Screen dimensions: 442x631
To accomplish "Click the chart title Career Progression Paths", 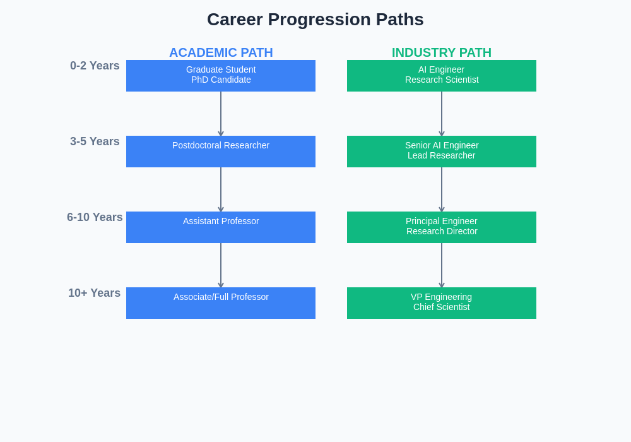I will (315, 20).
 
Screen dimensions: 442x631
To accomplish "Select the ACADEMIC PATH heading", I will (221, 52).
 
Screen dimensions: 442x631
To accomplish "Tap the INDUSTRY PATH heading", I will (442, 52).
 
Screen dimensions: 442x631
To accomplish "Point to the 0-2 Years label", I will (95, 66).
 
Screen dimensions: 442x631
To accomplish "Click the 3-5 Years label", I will (95, 141).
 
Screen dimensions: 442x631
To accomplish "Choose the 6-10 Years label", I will (95, 217).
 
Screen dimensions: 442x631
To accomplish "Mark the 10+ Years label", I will (95, 293).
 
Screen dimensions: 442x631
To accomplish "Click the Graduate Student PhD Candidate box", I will (221, 76).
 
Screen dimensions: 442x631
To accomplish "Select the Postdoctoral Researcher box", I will (221, 152).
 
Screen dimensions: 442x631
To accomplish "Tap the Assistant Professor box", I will (221, 227).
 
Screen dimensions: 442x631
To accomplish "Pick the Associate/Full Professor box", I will (221, 303).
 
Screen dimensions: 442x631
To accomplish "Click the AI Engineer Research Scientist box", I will (442, 76).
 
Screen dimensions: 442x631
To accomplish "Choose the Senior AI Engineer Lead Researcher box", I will (442, 152).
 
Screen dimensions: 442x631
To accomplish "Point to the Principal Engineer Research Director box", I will (442, 227).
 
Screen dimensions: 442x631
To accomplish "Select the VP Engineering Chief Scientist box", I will (442, 303).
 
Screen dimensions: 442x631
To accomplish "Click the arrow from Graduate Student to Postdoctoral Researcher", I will (221, 114).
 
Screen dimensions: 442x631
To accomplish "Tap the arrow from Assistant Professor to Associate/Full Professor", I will (221, 265).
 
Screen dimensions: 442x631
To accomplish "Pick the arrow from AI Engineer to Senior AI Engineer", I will (442, 114).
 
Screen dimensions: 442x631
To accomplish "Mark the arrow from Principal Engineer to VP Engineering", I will (442, 265).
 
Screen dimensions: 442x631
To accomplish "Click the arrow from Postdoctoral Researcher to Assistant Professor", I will (221, 189).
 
